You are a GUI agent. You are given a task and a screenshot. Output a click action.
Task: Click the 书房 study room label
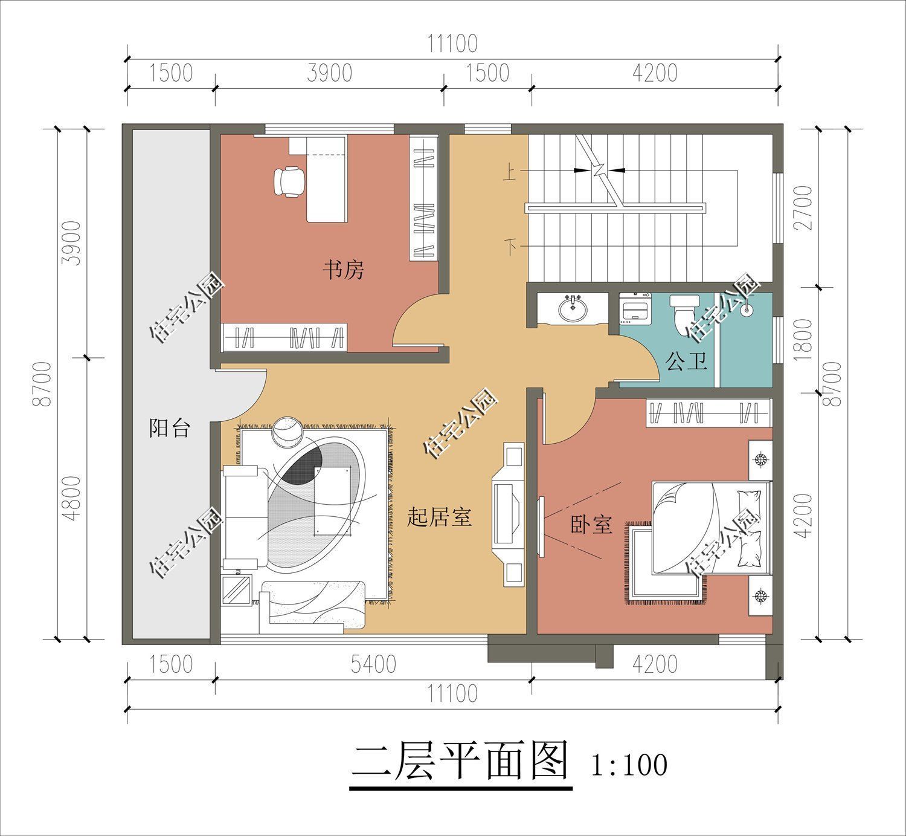pyautogui.click(x=343, y=270)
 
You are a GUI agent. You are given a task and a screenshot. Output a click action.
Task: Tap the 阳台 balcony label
pyautogui.click(x=170, y=429)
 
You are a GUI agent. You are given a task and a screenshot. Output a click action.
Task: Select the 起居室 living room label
pyautogui.click(x=439, y=517)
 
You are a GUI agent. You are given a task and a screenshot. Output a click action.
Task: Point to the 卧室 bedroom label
pyautogui.click(x=591, y=525)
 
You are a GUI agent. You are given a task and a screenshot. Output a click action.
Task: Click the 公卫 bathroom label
pyautogui.click(x=686, y=361)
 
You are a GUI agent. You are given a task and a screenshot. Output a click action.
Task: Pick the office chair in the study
pyautogui.click(x=289, y=181)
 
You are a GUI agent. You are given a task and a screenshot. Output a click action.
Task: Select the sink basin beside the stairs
pyautogui.click(x=573, y=310)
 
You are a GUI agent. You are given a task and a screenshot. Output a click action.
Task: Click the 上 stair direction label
pyautogui.click(x=510, y=175)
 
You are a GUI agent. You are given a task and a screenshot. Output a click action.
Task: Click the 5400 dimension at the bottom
pyautogui.click(x=373, y=664)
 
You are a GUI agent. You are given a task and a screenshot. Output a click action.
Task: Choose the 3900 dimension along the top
pyautogui.click(x=329, y=73)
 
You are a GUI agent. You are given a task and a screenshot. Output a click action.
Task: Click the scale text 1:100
pyautogui.click(x=629, y=764)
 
